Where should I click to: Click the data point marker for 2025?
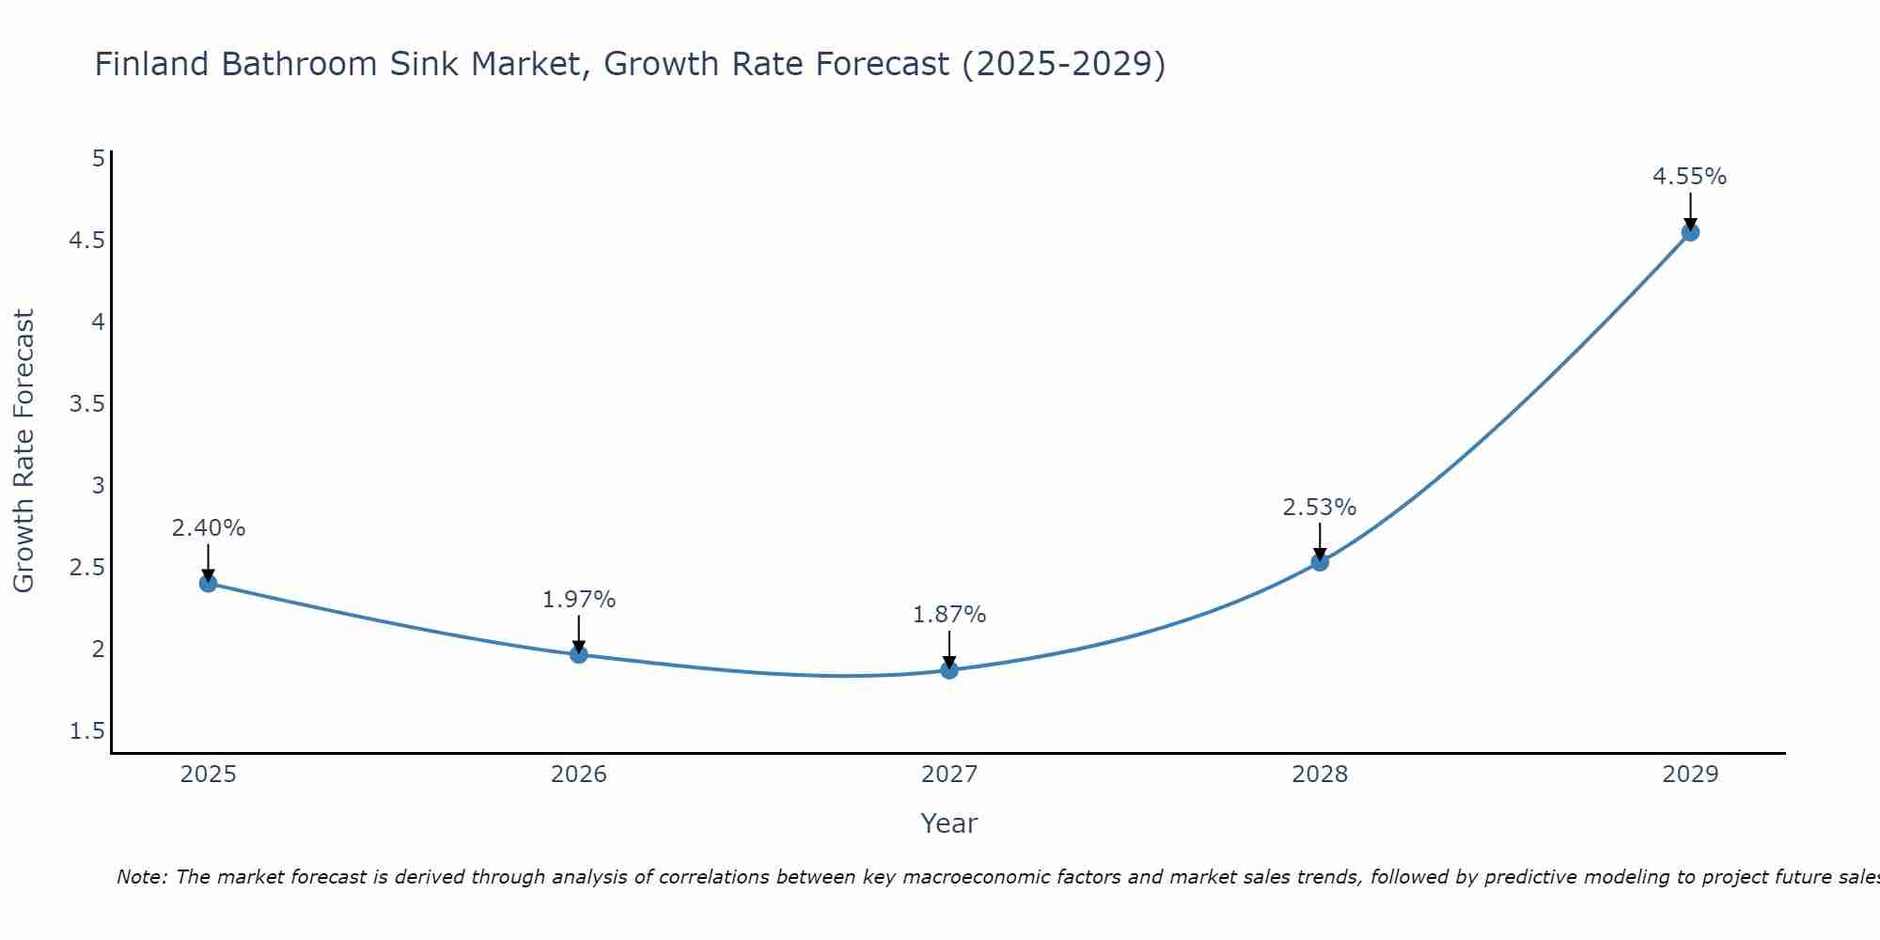click(x=209, y=583)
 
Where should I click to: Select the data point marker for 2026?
click(x=579, y=654)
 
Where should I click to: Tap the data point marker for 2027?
click(x=949, y=670)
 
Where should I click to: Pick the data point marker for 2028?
click(x=1320, y=562)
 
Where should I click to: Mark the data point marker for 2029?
click(x=1690, y=232)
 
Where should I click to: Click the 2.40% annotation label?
click(x=209, y=528)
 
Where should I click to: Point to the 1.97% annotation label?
click(x=579, y=600)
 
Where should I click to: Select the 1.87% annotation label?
click(x=949, y=615)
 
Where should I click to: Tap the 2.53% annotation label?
click(x=1320, y=508)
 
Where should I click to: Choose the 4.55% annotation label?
click(x=1690, y=177)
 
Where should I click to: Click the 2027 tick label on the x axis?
click(x=949, y=775)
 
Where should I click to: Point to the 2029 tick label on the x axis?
click(x=1690, y=775)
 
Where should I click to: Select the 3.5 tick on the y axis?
click(x=86, y=404)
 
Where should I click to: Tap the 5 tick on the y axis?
click(x=98, y=158)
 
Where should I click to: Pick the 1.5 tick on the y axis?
click(x=86, y=731)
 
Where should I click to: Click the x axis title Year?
click(x=949, y=823)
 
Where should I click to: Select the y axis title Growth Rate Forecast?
click(x=23, y=451)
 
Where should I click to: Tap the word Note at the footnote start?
click(x=141, y=877)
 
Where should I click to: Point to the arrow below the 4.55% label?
click(x=1690, y=211)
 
